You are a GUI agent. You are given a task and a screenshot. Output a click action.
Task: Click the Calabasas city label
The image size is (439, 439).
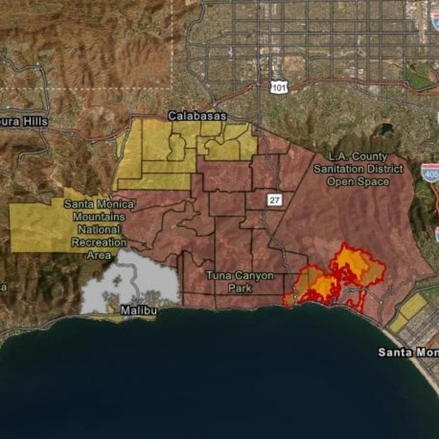pyautogui.click(x=197, y=116)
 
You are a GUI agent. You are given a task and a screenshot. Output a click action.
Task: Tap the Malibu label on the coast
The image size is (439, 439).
pyautogui.click(x=139, y=311)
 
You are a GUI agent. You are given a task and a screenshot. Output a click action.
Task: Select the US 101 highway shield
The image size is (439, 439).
pyautogui.click(x=279, y=87)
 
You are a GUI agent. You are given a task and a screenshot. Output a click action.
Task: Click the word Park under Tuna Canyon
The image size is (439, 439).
pyautogui.click(x=240, y=288)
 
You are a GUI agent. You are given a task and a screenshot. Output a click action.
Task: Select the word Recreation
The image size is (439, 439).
pyautogui.click(x=99, y=242)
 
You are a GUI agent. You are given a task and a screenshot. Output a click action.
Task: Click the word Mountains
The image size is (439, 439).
pyautogui.click(x=99, y=217)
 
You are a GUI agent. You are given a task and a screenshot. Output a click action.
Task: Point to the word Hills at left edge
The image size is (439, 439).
pyautogui.click(x=35, y=122)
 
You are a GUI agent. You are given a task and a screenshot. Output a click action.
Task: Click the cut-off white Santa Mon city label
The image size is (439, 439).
pyautogui.click(x=408, y=352)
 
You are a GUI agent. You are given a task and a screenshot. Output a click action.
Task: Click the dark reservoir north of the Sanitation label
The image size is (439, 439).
pyautogui.click(x=386, y=128)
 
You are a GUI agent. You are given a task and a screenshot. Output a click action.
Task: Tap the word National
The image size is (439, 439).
pyautogui.click(x=99, y=230)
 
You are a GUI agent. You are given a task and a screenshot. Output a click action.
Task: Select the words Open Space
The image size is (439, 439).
pyautogui.click(x=358, y=181)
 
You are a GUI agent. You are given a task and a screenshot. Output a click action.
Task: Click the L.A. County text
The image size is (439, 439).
pyautogui.click(x=358, y=156)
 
